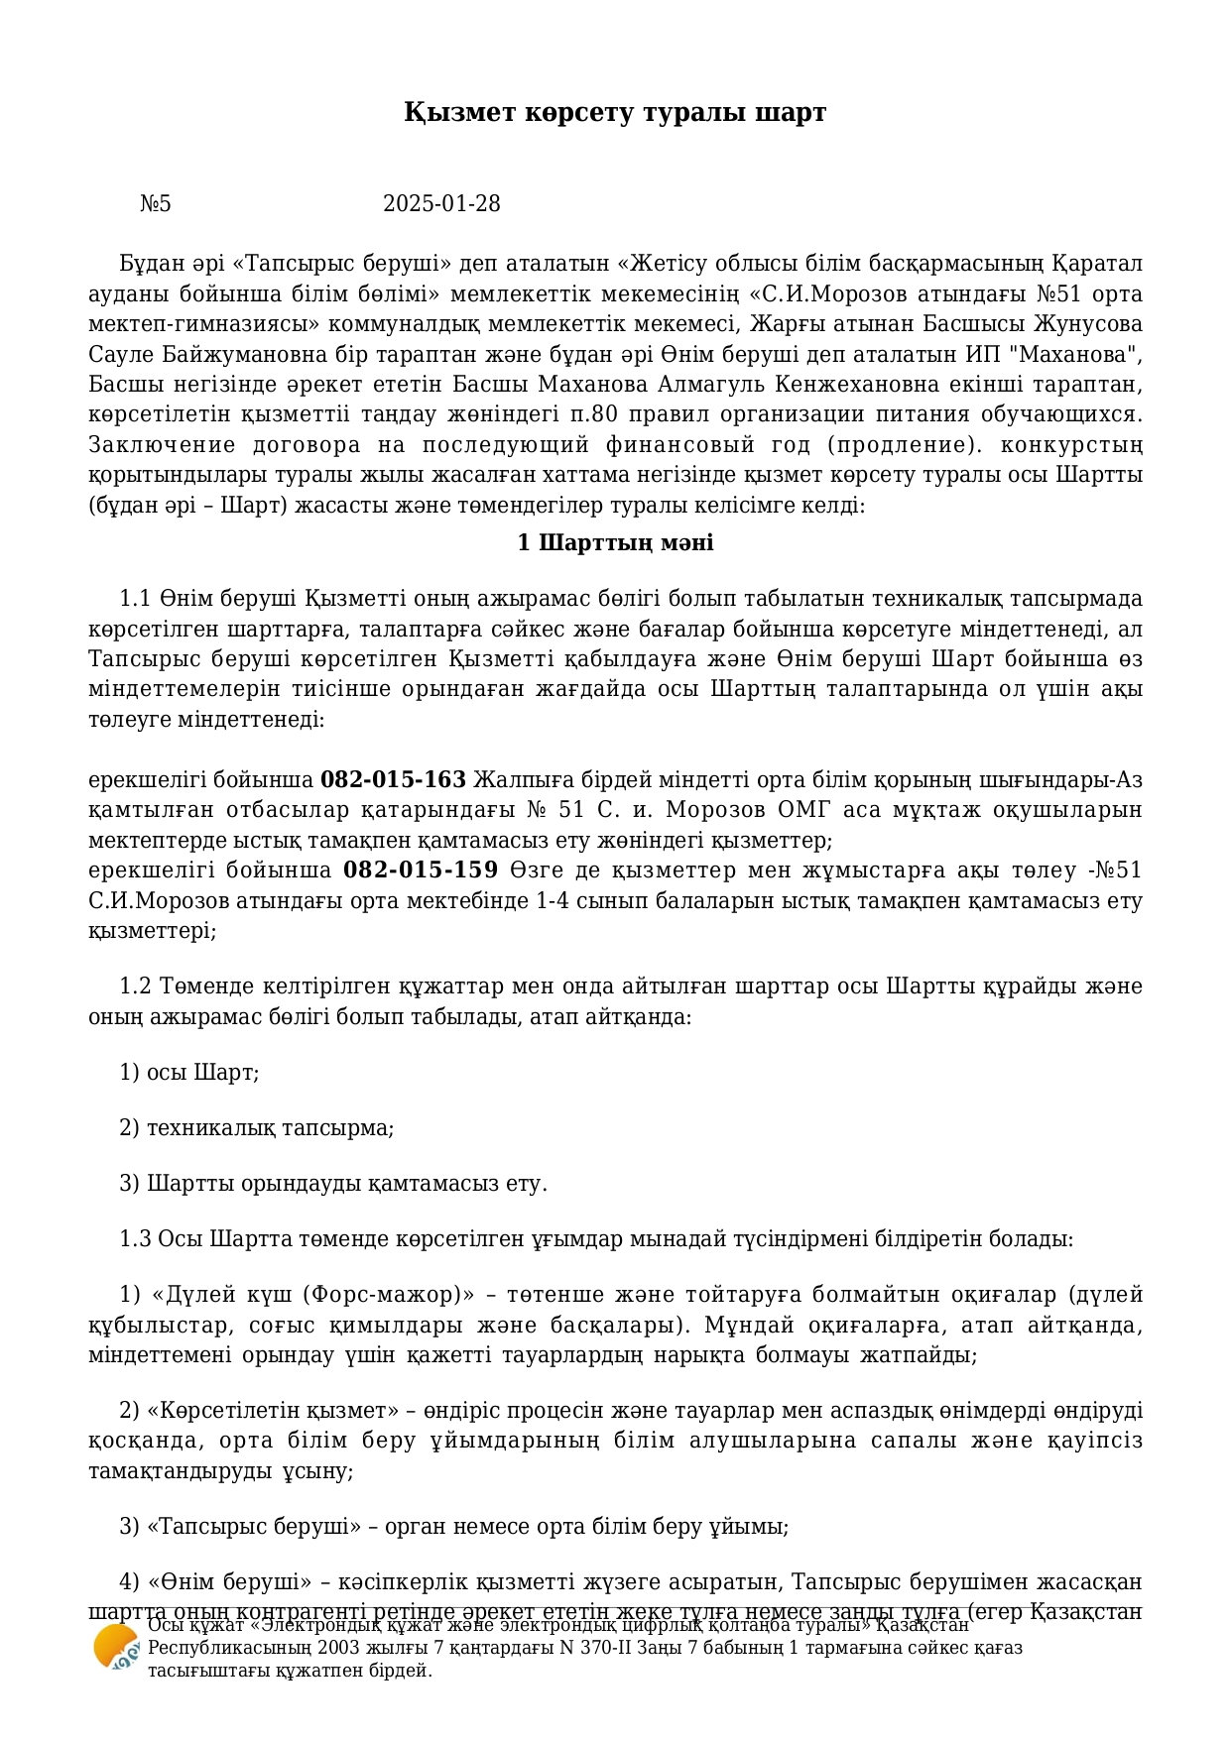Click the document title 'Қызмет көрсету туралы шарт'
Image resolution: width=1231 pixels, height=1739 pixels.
click(x=615, y=112)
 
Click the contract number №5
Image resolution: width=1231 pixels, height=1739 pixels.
click(x=156, y=204)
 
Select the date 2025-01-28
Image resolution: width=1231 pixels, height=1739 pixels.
click(x=441, y=204)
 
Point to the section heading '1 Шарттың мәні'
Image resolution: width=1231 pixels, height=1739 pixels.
click(x=615, y=543)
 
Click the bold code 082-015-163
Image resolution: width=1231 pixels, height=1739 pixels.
click(x=393, y=779)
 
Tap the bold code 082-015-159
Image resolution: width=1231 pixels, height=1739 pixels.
click(x=421, y=870)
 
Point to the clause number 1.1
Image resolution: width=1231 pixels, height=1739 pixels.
click(x=135, y=599)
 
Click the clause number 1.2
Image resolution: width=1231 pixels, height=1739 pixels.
click(x=135, y=986)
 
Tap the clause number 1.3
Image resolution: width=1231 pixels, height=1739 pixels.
click(x=135, y=1239)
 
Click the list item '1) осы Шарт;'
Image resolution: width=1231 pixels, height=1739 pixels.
click(x=189, y=1073)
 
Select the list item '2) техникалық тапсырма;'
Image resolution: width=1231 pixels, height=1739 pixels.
click(x=257, y=1128)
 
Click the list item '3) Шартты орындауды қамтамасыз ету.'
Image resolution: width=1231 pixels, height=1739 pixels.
click(x=333, y=1184)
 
